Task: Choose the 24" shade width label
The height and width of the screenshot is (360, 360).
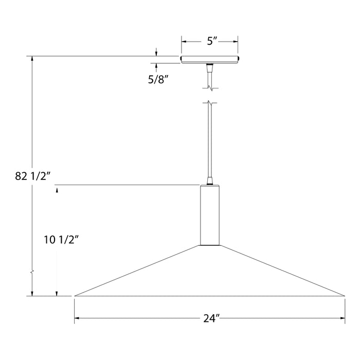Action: [x=210, y=319]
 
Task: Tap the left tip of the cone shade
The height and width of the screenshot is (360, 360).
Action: [x=76, y=296]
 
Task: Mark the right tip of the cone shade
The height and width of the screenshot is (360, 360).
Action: [x=344, y=296]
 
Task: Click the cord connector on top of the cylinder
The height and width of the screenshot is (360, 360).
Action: [x=209, y=181]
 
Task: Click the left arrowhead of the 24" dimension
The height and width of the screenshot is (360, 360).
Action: [x=77, y=319]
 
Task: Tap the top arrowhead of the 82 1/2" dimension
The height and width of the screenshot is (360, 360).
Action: [x=33, y=58]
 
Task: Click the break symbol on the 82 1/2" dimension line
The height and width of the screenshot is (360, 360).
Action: [x=33, y=270]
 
